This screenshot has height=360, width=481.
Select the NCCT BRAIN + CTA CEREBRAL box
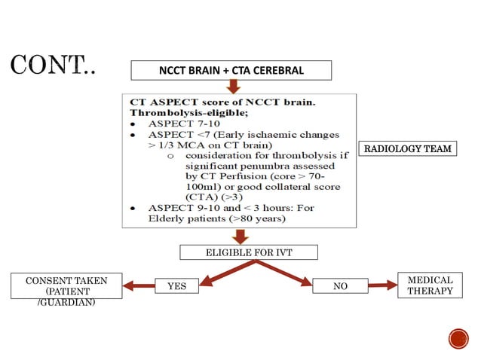pyautogui.click(x=231, y=71)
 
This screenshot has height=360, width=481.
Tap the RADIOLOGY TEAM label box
pyautogui.click(x=408, y=148)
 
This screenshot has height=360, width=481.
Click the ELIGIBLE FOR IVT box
pyautogui.click(x=248, y=252)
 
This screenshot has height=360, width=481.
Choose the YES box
pyautogui.click(x=176, y=286)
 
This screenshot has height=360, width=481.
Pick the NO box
pyautogui.click(x=340, y=286)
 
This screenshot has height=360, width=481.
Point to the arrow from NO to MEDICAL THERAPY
pyautogui.click(x=382, y=285)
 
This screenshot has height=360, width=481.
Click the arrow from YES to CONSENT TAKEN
pyautogui.click(x=139, y=286)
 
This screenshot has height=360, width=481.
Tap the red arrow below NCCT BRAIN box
pyautogui.click(x=231, y=87)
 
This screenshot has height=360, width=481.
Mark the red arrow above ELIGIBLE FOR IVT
pyautogui.click(x=240, y=236)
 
